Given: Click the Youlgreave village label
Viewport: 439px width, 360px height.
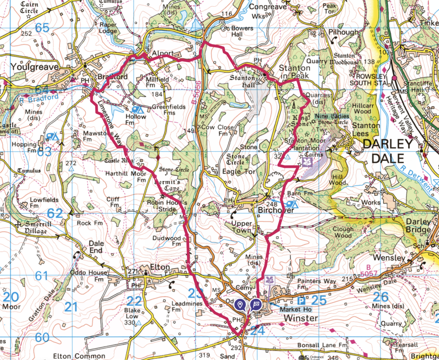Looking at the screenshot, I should (x=29, y=67).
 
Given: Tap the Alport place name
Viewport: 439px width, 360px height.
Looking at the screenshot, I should (x=163, y=53).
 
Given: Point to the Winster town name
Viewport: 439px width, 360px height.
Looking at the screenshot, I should (x=300, y=318).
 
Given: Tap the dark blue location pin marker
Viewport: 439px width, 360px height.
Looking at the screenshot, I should (x=241, y=305).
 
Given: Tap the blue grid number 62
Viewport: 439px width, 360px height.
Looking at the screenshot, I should (x=54, y=213).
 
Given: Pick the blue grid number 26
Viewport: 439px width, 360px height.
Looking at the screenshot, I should (x=381, y=297).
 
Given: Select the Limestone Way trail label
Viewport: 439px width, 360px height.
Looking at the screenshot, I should (x=108, y=123).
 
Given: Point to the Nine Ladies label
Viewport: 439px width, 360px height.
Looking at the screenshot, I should (x=333, y=116).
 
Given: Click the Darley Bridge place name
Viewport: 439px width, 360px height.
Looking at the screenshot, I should (x=418, y=226).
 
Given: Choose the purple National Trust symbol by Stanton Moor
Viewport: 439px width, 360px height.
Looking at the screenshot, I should (x=308, y=162).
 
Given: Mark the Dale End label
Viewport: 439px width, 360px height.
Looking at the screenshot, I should (x=96, y=247).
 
